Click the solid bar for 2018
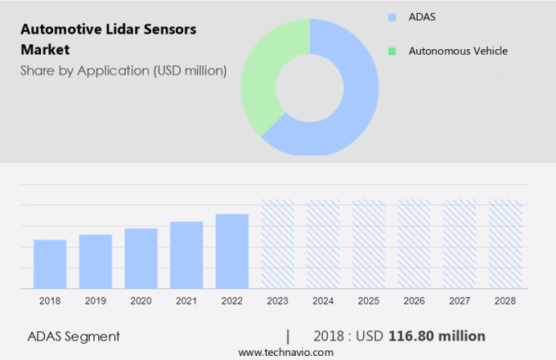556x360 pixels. (50, 263)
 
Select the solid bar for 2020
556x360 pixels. (141, 258)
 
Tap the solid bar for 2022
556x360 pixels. (232, 250)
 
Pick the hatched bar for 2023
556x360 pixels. (277, 244)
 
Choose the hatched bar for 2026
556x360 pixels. (414, 244)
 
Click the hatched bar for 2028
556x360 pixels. (504, 244)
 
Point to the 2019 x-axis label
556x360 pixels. (95, 301)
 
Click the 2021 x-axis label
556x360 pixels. (186, 301)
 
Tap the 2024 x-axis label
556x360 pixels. (323, 301)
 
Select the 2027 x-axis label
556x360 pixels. (460, 301)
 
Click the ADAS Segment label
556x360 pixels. (74, 336)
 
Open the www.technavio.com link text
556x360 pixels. (285, 352)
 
